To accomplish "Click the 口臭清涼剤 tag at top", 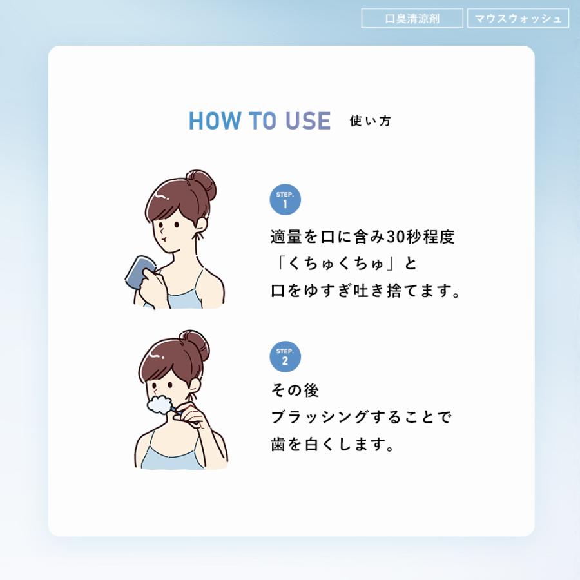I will point(412,18).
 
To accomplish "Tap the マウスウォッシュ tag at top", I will point(517,18).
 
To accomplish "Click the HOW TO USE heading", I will point(259,121).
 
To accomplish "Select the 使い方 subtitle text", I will point(370,121).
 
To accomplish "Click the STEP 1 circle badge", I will point(285,200).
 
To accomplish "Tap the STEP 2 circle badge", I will point(285,357).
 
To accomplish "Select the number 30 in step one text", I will point(395,237).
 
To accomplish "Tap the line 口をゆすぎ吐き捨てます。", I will point(366,291).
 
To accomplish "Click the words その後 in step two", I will point(295,391).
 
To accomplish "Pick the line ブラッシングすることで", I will point(361,418).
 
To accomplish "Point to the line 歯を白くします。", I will point(333,445).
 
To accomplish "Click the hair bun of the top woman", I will point(200,186).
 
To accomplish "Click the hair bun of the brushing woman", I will point(194,346).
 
